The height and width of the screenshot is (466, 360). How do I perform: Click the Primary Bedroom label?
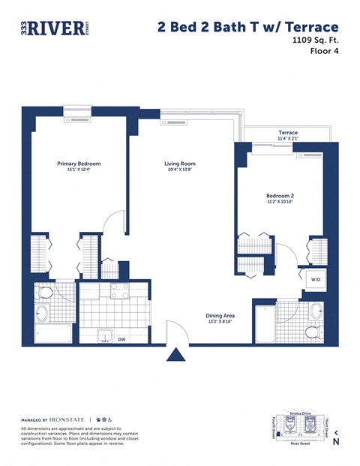79,163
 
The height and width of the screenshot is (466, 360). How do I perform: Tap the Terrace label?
288,132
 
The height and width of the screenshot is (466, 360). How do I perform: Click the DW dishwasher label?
122,339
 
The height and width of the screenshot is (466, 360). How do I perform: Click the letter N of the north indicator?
335,442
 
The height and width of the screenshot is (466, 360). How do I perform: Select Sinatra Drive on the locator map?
298,413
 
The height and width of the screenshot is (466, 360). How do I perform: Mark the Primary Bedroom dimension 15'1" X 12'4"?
79,170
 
